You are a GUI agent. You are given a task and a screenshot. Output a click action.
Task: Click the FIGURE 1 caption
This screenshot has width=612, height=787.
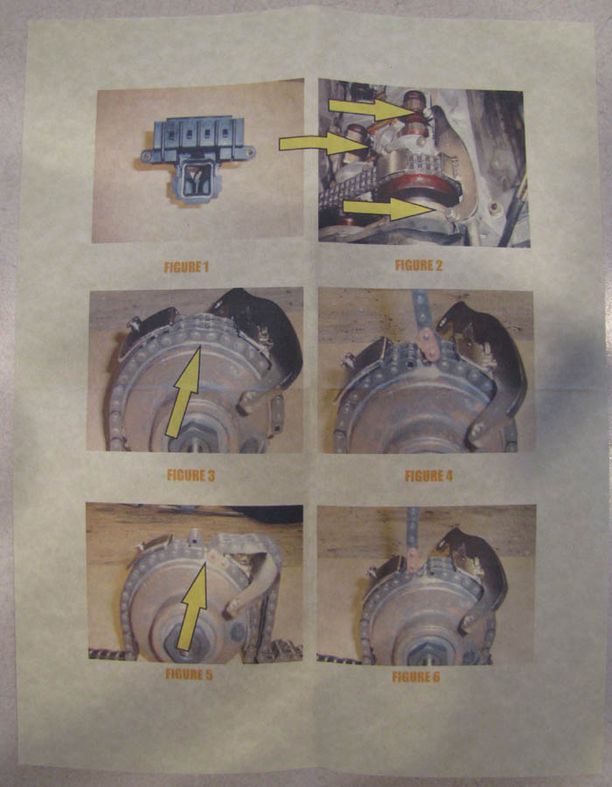186,267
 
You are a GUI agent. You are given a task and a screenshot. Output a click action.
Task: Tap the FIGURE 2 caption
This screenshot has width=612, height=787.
419,266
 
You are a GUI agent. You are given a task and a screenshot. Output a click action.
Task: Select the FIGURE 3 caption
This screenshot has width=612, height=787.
191,476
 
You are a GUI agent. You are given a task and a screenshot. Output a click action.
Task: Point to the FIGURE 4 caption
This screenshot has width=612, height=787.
429,476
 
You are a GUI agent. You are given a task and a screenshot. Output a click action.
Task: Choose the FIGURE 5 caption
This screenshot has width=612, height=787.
189,674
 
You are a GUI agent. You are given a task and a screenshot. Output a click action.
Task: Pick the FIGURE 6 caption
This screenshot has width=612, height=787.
416,677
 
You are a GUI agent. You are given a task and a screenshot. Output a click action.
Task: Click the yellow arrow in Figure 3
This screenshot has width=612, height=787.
184,392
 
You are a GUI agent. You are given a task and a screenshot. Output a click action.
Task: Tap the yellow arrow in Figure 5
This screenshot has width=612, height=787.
192,606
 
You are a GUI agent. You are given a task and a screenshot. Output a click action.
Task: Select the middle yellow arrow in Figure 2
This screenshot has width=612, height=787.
323,143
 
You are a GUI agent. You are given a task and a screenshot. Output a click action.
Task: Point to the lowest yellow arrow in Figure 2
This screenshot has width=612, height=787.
388,208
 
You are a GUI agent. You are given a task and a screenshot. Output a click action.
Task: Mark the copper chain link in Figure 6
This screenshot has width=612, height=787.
414,561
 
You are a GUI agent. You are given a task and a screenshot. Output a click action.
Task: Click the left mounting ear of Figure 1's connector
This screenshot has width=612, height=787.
149,156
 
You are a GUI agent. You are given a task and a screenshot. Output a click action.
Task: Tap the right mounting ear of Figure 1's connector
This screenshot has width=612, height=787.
248,151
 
